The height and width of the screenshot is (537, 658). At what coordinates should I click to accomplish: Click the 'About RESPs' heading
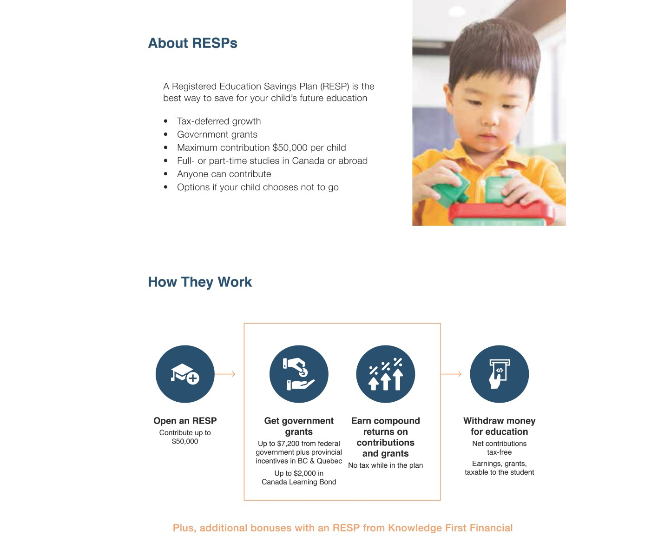pos(192,43)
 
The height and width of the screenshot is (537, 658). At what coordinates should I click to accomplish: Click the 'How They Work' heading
pos(200,282)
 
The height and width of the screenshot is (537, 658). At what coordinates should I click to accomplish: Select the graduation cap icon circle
pos(185,374)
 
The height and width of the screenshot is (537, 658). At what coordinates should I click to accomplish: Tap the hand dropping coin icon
pos(299,374)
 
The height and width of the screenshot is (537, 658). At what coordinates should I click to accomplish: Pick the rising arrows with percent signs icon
pos(385,374)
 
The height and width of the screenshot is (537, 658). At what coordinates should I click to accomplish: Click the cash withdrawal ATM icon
pos(499,374)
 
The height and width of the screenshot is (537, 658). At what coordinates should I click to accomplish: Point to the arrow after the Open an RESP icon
pos(226,374)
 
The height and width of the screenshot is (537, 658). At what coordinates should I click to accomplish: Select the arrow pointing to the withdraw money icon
pos(451,374)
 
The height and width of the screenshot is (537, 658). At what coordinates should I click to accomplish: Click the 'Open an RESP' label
pos(185,421)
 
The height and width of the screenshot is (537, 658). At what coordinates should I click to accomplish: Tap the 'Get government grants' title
pos(299,426)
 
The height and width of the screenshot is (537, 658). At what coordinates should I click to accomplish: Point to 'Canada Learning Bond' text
pos(299,482)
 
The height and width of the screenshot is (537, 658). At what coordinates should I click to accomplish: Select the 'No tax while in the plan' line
pos(385,465)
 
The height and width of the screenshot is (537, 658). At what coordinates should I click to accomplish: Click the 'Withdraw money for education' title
pos(499,426)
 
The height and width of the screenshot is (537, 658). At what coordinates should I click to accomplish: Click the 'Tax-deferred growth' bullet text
pos(219,121)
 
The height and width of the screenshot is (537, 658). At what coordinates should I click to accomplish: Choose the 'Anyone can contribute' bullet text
pos(224,174)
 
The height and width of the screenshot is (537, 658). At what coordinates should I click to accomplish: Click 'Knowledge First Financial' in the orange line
pos(450,528)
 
